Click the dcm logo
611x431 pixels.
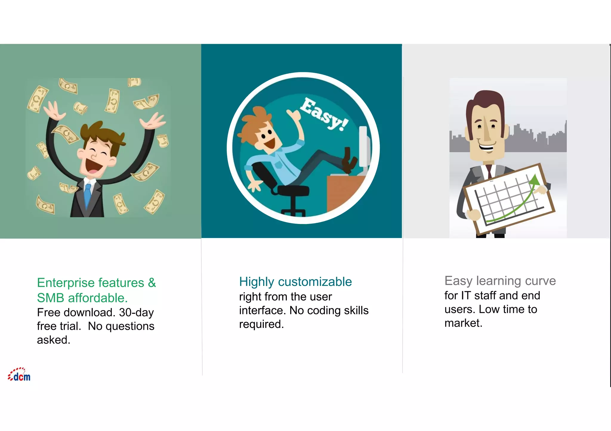point(19,375)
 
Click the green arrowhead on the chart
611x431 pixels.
point(534,180)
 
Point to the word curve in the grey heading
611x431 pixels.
point(540,281)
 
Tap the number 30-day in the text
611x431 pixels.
point(136,312)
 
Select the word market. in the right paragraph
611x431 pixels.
point(463,323)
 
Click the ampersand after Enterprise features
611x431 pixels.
point(152,283)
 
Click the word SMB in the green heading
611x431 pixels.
point(50,298)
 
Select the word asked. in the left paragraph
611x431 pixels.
point(54,340)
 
